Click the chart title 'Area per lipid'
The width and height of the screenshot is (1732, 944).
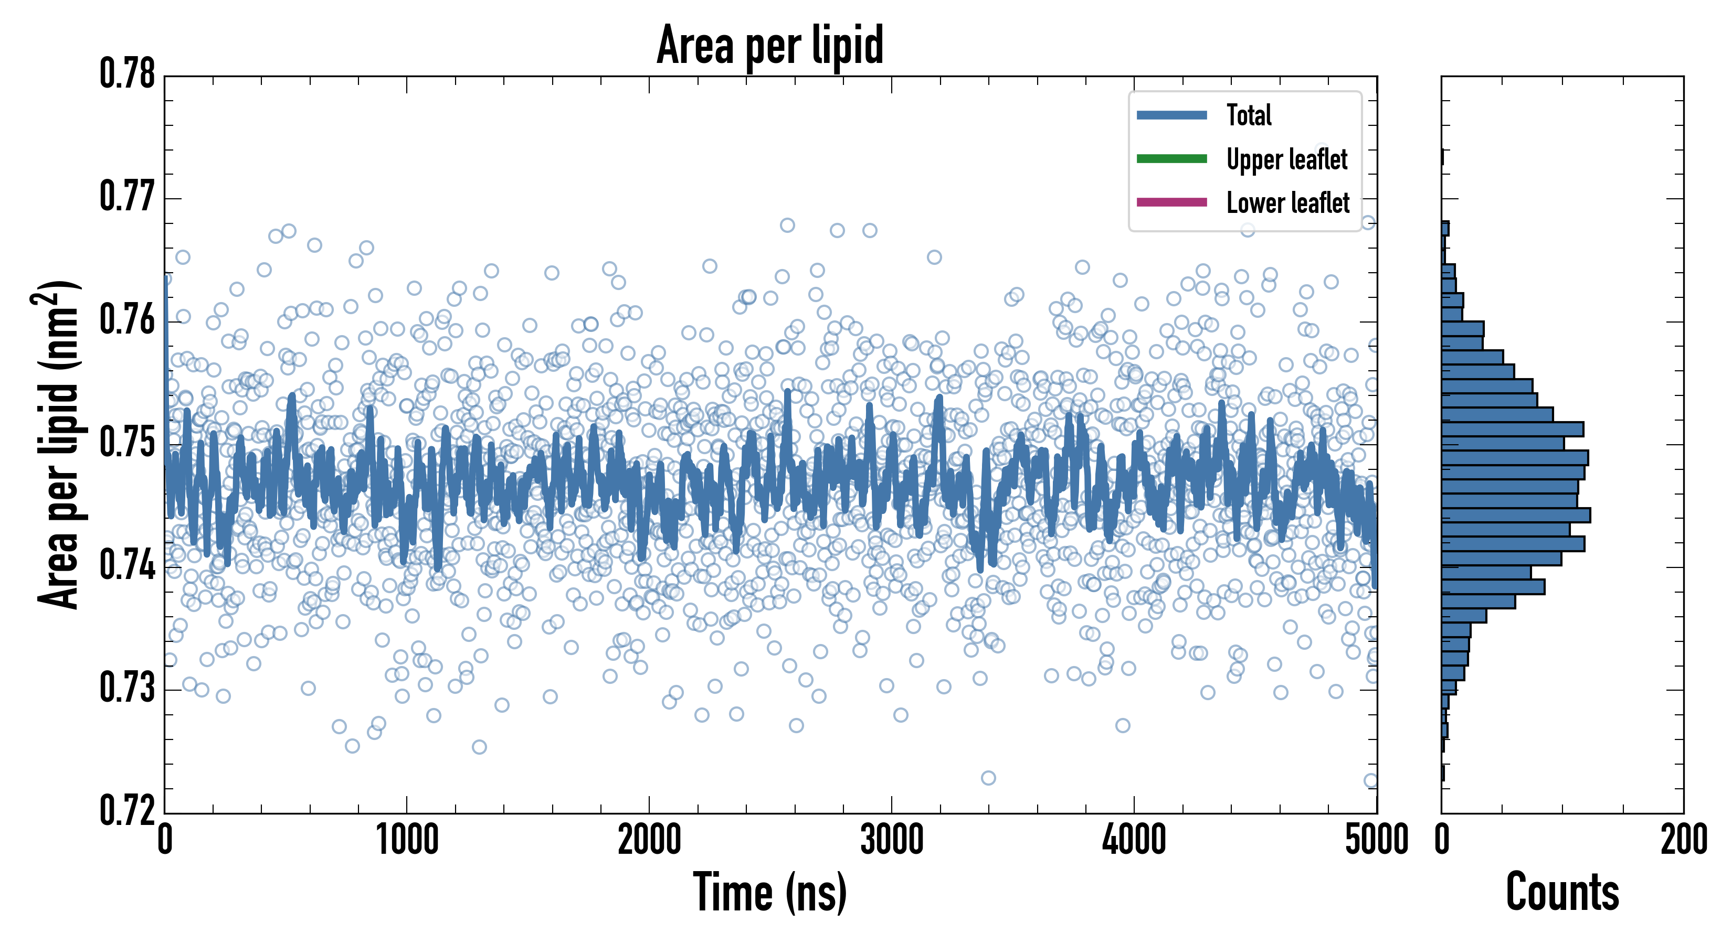coord(770,45)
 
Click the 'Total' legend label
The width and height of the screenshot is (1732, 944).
coord(1249,115)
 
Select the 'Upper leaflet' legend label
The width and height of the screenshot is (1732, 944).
coord(1286,159)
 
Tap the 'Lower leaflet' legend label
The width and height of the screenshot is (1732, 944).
coord(1287,203)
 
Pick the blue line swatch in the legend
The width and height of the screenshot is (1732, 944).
coord(1171,115)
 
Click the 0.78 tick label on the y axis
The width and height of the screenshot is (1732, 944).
coord(128,74)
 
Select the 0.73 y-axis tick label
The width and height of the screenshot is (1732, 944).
coord(128,688)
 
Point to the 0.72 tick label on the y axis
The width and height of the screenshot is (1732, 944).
coord(128,810)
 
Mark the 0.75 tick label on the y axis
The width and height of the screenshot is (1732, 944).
coord(128,443)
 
